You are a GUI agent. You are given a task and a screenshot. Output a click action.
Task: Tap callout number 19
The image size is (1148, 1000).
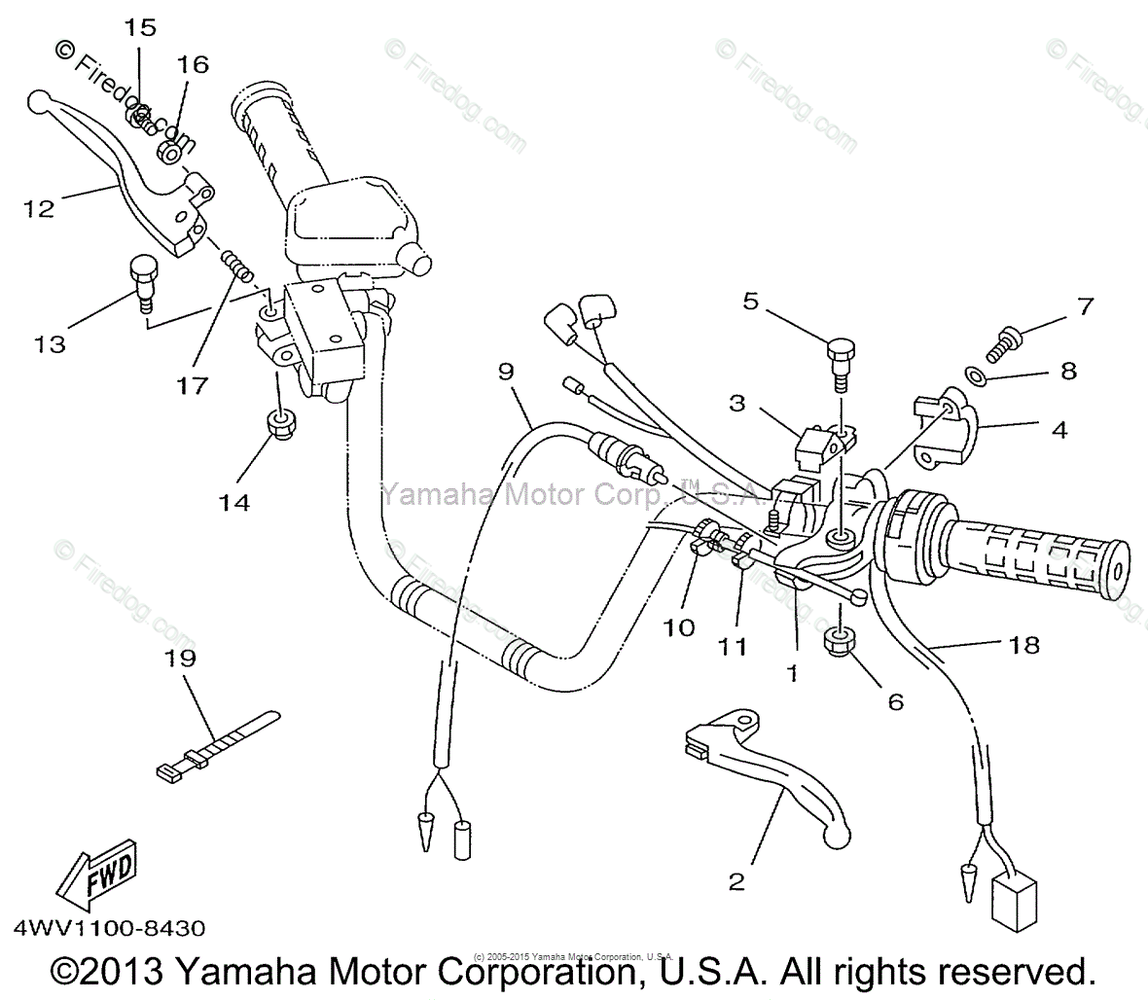click(x=179, y=660)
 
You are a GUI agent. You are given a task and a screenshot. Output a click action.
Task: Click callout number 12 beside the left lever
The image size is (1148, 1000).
click(x=40, y=207)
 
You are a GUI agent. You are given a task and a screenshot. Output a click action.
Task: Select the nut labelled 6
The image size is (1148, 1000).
click(x=842, y=642)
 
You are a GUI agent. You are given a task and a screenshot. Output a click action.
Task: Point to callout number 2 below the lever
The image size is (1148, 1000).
click(x=736, y=881)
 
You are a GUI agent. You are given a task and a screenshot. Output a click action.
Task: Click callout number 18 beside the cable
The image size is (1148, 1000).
click(x=1024, y=644)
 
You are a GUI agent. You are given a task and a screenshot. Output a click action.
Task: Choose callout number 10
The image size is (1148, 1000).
click(x=680, y=627)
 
